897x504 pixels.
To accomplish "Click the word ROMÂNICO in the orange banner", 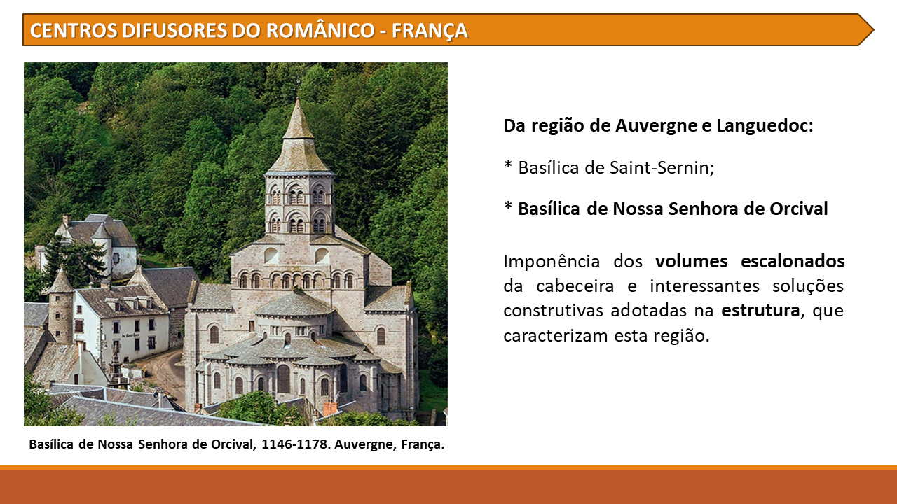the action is click(x=320, y=30).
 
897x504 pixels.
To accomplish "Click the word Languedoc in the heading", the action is click(x=765, y=125).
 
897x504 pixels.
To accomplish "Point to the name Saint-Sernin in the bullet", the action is click(x=662, y=167).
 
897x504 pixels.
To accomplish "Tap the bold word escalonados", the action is click(x=793, y=261).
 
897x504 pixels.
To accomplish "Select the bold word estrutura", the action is click(x=760, y=310).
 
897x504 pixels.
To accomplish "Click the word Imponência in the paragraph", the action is click(x=552, y=262).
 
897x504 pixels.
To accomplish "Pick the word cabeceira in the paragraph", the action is click(x=575, y=286).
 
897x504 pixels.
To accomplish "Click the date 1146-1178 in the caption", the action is click(x=296, y=444).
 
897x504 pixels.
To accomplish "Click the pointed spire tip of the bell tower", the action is click(x=297, y=99).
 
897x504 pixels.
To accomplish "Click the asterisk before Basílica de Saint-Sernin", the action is click(x=508, y=164).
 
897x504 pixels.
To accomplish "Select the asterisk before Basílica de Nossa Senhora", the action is click(x=508, y=206).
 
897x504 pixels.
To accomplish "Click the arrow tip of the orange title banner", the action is click(x=873, y=30).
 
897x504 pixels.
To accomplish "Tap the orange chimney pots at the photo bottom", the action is click(x=330, y=409).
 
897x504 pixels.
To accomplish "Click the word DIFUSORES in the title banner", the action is click(x=174, y=30).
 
